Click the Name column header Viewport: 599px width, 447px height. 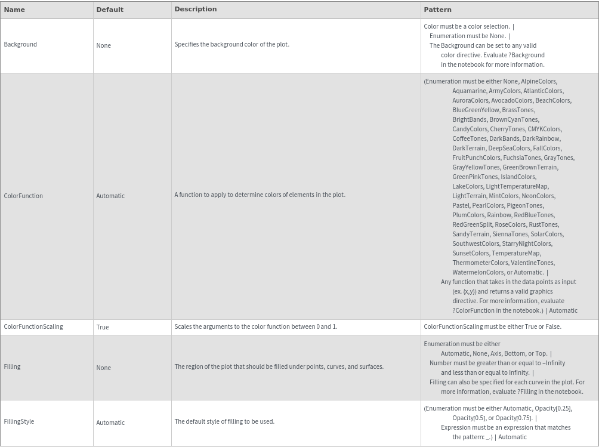pos(14,10)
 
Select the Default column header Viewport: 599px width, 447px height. pos(110,10)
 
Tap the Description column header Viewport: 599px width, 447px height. pos(196,9)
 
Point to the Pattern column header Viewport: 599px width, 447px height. pos(437,10)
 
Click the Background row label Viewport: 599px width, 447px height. pos(20,44)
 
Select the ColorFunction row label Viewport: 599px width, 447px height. pos(23,196)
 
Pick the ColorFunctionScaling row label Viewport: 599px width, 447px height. pos(33,326)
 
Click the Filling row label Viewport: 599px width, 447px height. pos(12,366)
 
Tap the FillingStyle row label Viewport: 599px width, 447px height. pos(19,421)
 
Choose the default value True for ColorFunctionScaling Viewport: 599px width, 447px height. pos(103,327)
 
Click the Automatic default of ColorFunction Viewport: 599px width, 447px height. pos(110,196)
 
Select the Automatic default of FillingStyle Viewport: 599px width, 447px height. pos(110,423)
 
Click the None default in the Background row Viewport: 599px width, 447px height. pos(103,45)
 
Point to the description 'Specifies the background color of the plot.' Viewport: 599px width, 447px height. pos(231,44)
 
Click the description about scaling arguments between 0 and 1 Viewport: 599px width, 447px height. pos(255,326)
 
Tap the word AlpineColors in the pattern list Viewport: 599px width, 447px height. pos(538,81)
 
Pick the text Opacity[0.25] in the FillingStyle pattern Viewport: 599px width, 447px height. pos(552,408)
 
